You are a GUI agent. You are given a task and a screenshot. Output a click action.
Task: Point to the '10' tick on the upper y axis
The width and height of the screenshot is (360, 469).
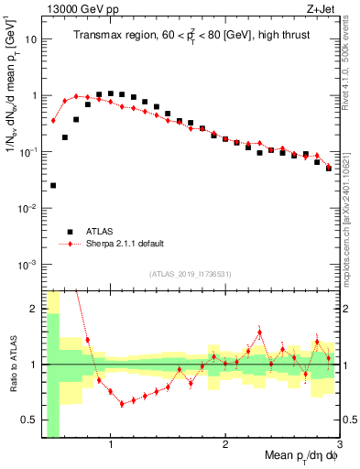point(31,39)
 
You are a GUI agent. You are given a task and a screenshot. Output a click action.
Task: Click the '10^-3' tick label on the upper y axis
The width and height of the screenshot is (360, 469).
point(28,264)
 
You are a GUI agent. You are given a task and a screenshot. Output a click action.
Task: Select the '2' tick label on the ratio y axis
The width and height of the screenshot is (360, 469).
point(34,309)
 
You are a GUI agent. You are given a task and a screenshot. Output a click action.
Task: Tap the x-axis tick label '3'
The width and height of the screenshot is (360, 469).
point(339,445)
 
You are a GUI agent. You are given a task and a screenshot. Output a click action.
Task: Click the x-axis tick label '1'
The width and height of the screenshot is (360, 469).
point(111,445)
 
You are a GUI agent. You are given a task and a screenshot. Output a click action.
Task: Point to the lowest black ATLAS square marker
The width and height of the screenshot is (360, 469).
point(53,185)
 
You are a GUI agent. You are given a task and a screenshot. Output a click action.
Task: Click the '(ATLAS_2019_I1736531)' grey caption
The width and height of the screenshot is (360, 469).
point(190,274)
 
